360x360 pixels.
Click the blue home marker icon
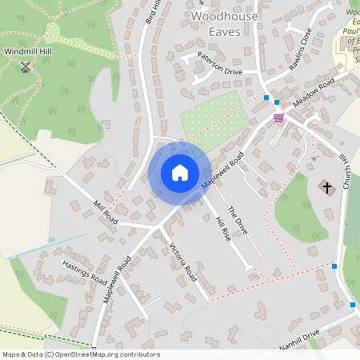(180, 173)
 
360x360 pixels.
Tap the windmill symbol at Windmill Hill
(25, 67)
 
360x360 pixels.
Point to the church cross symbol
(326, 187)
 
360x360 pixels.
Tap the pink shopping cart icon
(278, 118)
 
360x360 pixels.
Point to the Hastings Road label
(84, 270)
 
